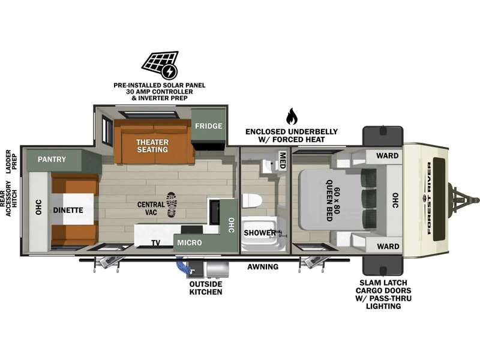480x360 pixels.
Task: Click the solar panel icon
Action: pyautogui.click(x=160, y=65)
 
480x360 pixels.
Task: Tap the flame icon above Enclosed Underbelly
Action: pyautogui.click(x=292, y=116)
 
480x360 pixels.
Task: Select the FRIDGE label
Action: pyautogui.click(x=209, y=126)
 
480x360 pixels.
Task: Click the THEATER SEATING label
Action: pyautogui.click(x=152, y=146)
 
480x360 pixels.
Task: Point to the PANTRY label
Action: pyautogui.click(x=52, y=159)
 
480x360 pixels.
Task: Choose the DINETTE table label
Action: pyautogui.click(x=68, y=211)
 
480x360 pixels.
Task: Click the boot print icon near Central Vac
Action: pyautogui.click(x=172, y=205)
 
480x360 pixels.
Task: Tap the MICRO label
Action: pyautogui.click(x=190, y=243)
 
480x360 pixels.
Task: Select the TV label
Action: pyautogui.click(x=155, y=243)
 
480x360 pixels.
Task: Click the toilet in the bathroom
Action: pyautogui.click(x=252, y=201)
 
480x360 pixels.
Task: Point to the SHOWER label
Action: pyautogui.click(x=260, y=233)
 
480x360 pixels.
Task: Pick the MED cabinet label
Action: pyautogui.click(x=283, y=160)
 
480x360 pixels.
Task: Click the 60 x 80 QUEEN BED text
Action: pyautogui.click(x=333, y=200)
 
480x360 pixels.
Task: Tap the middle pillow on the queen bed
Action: pyautogui.click(x=369, y=199)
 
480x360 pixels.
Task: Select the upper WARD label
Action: pyautogui.click(x=387, y=156)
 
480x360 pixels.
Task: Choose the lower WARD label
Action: pyautogui.click(x=388, y=247)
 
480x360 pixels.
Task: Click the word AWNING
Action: pyautogui.click(x=263, y=266)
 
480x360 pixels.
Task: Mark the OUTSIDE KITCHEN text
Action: pyautogui.click(x=206, y=288)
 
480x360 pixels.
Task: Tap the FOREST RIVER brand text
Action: pyautogui.click(x=429, y=199)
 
